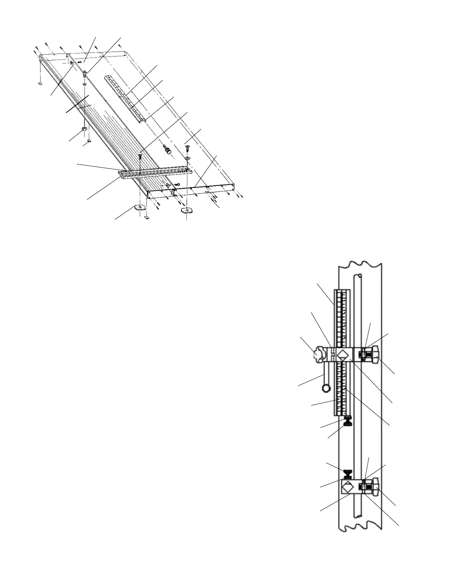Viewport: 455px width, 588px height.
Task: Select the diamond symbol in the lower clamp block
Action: tap(348, 487)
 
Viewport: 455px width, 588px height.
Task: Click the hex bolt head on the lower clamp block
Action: tap(374, 487)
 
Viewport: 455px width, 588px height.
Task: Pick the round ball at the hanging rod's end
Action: tap(326, 388)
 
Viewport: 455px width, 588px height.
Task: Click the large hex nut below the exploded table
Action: tap(84, 130)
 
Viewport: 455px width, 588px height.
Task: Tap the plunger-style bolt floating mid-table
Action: tap(168, 150)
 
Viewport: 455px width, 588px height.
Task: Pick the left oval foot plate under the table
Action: tap(140, 207)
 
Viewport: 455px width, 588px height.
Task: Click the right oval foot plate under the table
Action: tap(186, 210)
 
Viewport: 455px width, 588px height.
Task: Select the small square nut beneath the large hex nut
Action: tap(88, 141)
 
